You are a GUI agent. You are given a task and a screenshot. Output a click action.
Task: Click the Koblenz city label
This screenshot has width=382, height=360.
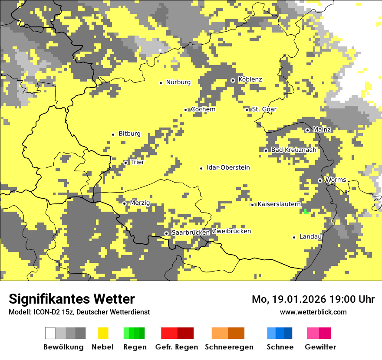[x=250, y=79]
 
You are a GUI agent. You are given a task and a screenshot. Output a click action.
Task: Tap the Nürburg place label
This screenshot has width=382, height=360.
[x=178, y=82]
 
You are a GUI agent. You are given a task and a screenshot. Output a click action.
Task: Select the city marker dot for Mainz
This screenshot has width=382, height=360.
[x=307, y=130]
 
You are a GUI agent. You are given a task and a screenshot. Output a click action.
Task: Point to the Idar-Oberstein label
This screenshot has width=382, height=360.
[x=228, y=167]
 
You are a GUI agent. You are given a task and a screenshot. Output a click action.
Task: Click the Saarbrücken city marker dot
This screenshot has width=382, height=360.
[x=166, y=233]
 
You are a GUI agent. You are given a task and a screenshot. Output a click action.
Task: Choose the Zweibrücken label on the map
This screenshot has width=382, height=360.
[x=231, y=231]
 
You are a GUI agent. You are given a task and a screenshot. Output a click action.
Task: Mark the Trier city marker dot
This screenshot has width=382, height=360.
[x=126, y=163]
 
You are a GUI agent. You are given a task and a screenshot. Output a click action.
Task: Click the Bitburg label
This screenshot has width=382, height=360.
[x=129, y=134]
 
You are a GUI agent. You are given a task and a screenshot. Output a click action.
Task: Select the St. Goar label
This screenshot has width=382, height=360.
[x=264, y=109]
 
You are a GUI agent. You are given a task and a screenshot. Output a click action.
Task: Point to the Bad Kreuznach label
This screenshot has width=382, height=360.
[x=293, y=150]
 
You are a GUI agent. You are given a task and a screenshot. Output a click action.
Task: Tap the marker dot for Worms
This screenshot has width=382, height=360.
[x=320, y=180]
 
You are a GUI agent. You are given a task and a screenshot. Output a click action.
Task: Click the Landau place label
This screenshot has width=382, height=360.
[x=310, y=236]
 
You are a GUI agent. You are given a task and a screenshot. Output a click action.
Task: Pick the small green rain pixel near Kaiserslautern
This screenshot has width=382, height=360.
[x=306, y=212]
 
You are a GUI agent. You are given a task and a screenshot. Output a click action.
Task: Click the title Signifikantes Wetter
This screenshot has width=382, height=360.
[x=72, y=299]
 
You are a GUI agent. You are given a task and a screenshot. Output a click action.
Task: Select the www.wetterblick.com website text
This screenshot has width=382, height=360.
[x=313, y=312]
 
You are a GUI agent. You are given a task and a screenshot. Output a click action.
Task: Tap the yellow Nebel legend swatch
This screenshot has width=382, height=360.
[x=103, y=333]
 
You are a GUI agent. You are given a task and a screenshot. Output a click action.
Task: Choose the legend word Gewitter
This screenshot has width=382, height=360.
[x=320, y=347]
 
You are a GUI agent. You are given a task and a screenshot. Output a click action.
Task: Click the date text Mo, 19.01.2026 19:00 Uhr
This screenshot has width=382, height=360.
[x=313, y=299]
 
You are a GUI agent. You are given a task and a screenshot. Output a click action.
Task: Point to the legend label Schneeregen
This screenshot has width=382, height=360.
[x=229, y=347]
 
